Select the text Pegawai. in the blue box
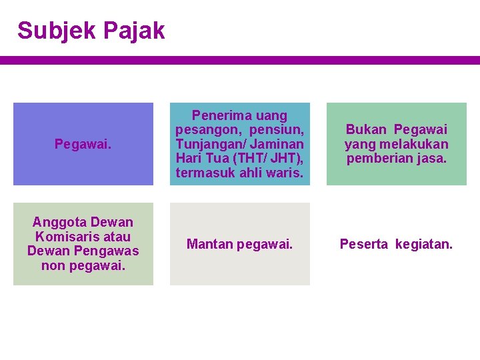[83, 144]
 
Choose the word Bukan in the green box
[367, 129]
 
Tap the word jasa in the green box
[433, 159]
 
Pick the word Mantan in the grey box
[208, 245]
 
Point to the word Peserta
[364, 245]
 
